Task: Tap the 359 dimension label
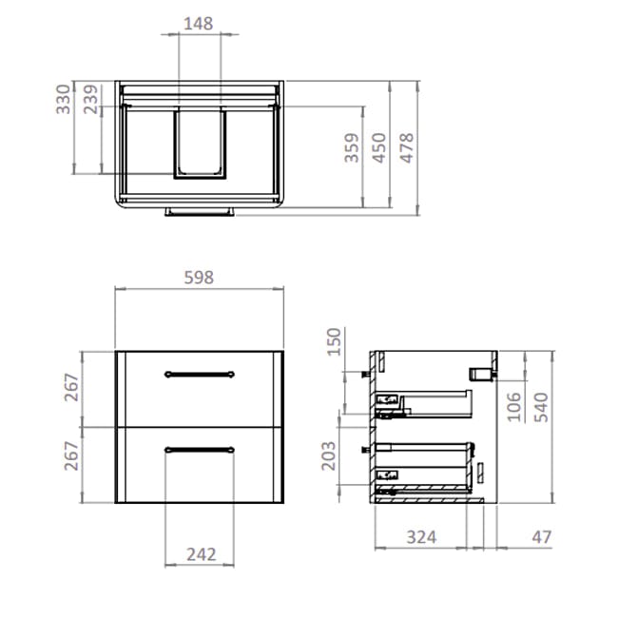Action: pyautogui.click(x=352, y=150)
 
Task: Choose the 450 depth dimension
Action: pyautogui.click(x=380, y=150)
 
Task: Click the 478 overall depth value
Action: pyautogui.click(x=407, y=150)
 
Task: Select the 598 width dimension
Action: pyautogui.click(x=198, y=278)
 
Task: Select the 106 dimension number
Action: pyautogui.click(x=512, y=405)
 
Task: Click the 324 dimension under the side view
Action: pyautogui.click(x=421, y=538)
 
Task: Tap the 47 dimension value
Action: pyautogui.click(x=541, y=538)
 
